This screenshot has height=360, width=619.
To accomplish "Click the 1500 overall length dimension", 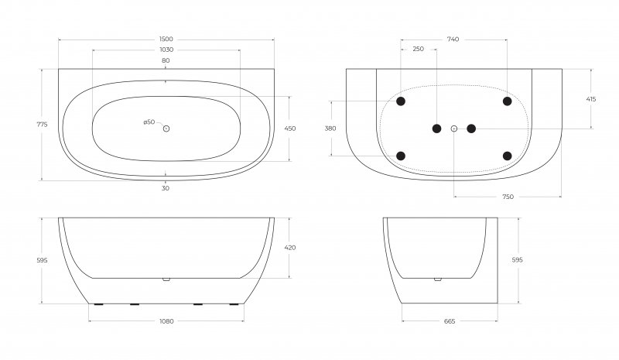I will point(166,39).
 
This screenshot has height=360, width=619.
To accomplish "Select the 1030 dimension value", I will point(166,50).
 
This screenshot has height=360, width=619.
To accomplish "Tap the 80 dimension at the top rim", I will point(166,60).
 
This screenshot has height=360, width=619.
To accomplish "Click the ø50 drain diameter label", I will point(149,122).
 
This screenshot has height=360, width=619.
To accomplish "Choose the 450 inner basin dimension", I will point(290,129).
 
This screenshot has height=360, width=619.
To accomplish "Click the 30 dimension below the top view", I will point(166,188).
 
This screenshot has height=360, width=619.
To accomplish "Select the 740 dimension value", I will point(453,39).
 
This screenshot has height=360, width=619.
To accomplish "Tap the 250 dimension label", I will point(418,50).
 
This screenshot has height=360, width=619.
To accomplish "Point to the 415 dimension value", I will point(591,99).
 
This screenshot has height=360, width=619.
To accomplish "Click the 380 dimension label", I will point(330,129).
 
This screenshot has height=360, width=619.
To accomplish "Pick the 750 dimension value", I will point(508,197).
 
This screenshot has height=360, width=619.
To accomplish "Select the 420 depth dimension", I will point(290,248).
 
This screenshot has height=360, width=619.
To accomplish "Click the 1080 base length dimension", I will point(166,321).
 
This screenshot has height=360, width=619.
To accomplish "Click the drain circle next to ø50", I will point(166,129).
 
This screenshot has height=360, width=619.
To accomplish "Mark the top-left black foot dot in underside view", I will point(401,101).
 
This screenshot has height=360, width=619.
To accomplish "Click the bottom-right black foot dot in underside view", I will point(508,156).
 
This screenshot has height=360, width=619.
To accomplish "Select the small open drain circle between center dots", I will point(454,129).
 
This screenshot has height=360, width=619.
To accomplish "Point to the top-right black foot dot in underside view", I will point(508,101).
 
